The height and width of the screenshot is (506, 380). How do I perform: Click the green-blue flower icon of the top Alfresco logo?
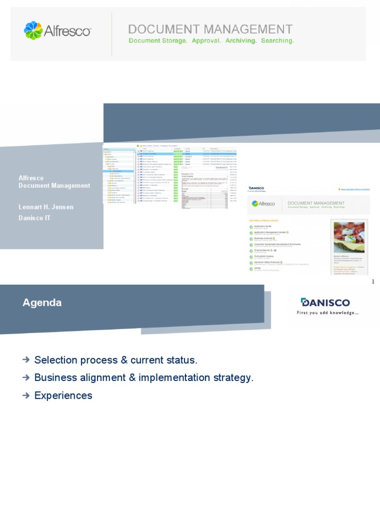(34, 30)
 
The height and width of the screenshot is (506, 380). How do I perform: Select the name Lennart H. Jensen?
(46, 207)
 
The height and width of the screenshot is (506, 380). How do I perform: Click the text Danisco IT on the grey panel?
(35, 218)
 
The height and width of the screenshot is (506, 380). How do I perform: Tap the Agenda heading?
(42, 302)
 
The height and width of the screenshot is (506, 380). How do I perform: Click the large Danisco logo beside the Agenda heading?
(325, 302)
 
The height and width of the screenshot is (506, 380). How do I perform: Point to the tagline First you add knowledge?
(328, 313)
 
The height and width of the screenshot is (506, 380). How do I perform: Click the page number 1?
(373, 281)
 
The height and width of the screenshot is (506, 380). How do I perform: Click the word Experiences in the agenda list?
(63, 395)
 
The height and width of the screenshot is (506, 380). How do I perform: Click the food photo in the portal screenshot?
(349, 237)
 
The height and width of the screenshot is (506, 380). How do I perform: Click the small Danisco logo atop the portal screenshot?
(257, 188)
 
